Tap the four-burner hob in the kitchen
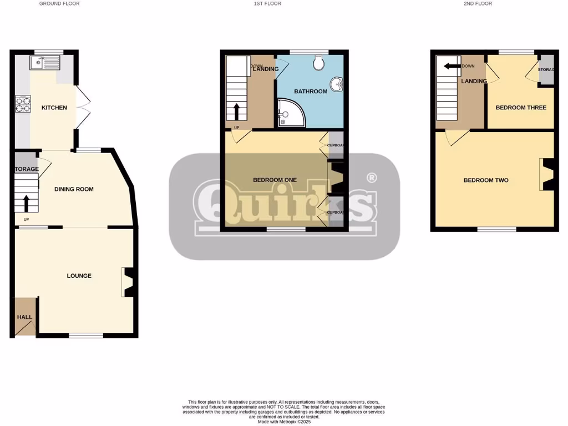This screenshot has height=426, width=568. (23, 104)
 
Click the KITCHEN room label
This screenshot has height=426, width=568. (54, 108)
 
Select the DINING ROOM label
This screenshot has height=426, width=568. (74, 189)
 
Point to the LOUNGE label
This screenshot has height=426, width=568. (79, 276)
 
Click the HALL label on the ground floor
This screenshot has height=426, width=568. (24, 317)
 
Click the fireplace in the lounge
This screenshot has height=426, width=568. (127, 282)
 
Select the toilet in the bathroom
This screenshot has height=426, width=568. (318, 63)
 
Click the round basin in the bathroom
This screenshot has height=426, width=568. (337, 85)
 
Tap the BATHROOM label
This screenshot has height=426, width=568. (311, 91)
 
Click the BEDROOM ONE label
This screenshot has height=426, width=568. (275, 180)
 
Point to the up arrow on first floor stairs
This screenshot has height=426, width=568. (237, 111)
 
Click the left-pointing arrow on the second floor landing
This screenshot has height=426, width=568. (452, 66)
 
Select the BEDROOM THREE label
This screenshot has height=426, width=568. (521, 108)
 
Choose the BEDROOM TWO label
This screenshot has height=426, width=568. (486, 180)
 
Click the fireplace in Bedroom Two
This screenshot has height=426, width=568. (546, 175)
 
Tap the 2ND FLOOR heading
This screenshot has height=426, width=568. (478, 4)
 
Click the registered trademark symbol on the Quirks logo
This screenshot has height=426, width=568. (372, 178)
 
